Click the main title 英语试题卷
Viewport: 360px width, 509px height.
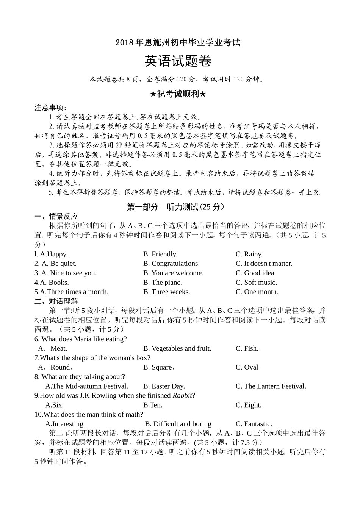pos(178,61)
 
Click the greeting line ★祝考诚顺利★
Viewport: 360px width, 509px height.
pos(178,94)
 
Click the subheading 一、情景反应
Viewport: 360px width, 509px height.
pos(56,216)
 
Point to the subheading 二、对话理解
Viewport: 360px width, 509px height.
pos(56,301)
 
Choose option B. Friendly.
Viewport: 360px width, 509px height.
pos(160,254)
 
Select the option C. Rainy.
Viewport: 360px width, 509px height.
pos(249,254)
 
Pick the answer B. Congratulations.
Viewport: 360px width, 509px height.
pos(171,264)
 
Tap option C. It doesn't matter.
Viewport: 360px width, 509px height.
pos(264,264)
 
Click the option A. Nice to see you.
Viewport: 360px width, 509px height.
pos(66,273)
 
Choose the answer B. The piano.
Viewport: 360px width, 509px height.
pos(163,283)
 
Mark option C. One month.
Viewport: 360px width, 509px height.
pos(257,292)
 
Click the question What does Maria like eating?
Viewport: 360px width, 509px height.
pos(81,339)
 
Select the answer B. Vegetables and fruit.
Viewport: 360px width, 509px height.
pos(177,348)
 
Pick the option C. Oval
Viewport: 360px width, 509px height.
pos(247,367)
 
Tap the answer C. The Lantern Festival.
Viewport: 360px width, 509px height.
pos(271,386)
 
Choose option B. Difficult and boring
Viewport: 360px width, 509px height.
pos(178,424)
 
